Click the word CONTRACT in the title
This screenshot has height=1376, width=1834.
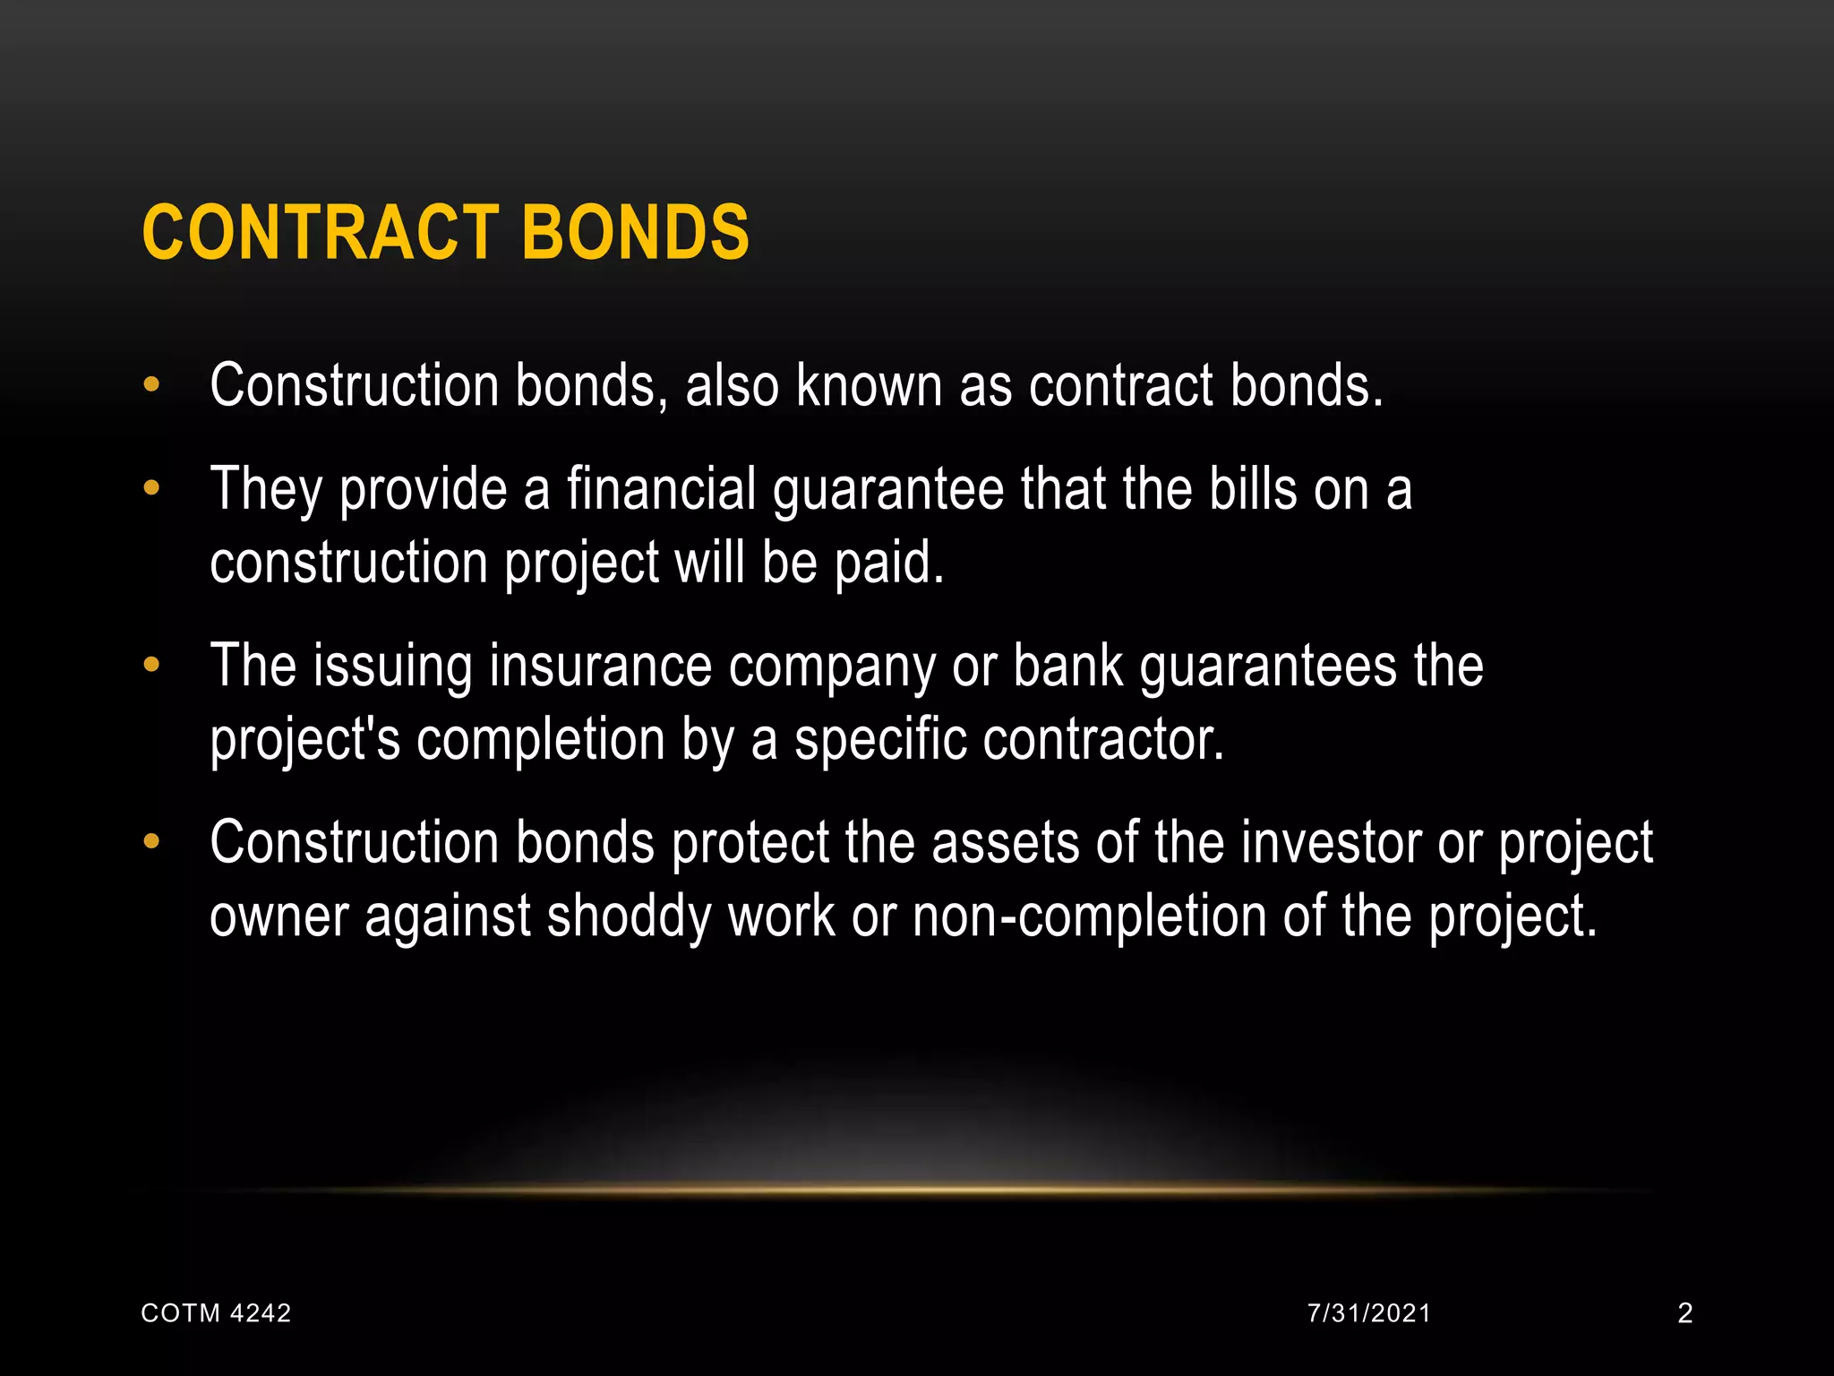pyautogui.click(x=320, y=232)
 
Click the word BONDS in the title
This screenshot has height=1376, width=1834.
pyautogui.click(x=635, y=232)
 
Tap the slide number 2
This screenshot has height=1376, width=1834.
pyautogui.click(x=1684, y=1313)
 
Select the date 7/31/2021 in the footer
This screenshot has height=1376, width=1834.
pyautogui.click(x=1369, y=1313)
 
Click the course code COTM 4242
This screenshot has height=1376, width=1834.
pyautogui.click(x=217, y=1313)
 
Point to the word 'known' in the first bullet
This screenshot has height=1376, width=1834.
pyautogui.click(x=870, y=386)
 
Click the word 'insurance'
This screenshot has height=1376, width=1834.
pyautogui.click(x=600, y=666)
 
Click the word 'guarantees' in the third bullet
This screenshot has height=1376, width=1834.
pyautogui.click(x=1267, y=668)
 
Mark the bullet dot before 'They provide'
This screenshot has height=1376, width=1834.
pyautogui.click(x=151, y=488)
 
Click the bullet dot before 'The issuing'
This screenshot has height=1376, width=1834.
pyautogui.click(x=151, y=665)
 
